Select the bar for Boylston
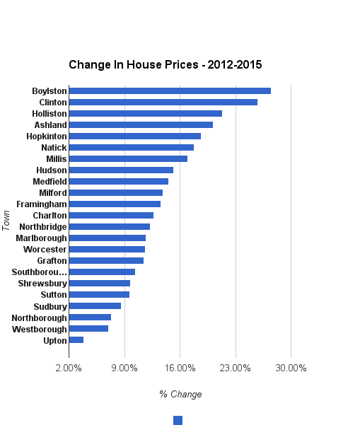(x=170, y=91)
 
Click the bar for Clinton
(x=163, y=102)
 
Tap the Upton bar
(x=76, y=339)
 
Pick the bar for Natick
(x=131, y=147)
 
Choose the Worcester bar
(x=107, y=249)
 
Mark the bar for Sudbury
(x=95, y=306)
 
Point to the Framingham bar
(x=115, y=204)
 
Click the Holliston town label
(x=50, y=113)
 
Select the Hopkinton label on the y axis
(x=47, y=136)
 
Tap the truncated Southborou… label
(x=40, y=272)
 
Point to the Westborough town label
(x=40, y=329)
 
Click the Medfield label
(x=50, y=181)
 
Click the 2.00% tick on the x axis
(x=69, y=368)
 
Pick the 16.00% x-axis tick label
(x=180, y=368)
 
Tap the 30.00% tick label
(x=291, y=368)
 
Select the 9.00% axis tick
(x=124, y=368)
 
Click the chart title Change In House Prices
(x=165, y=64)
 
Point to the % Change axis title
(x=180, y=394)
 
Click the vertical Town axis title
(x=6, y=219)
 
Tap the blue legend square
(x=178, y=420)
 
